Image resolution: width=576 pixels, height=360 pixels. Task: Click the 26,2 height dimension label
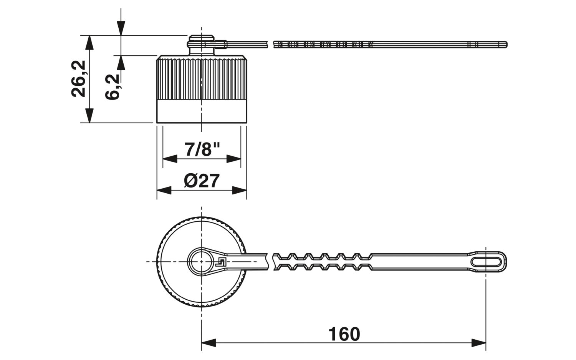[x=78, y=79]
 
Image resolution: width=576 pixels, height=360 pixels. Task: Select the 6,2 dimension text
[x=113, y=87]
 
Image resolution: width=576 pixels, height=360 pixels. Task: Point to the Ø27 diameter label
[x=202, y=181]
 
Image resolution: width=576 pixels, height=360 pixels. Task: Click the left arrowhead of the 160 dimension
[x=209, y=343]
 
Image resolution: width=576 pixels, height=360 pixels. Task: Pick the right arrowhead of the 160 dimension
[x=478, y=343]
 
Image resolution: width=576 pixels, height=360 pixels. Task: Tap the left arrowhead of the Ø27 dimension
[x=164, y=191]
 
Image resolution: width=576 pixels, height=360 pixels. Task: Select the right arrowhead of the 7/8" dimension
[x=233, y=159]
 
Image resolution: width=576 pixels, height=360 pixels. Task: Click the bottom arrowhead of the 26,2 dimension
[x=89, y=116]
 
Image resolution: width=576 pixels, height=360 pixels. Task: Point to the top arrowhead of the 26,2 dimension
[x=89, y=43]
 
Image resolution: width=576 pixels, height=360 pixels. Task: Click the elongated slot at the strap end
[x=486, y=262]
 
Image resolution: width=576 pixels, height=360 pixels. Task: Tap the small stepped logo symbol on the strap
[x=221, y=262]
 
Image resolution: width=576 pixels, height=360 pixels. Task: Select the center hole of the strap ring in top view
[x=201, y=262]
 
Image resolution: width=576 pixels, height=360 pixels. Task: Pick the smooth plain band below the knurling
[x=202, y=111]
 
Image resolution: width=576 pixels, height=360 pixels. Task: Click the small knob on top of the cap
[x=201, y=45]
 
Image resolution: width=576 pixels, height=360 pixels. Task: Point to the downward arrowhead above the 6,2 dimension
[x=121, y=28]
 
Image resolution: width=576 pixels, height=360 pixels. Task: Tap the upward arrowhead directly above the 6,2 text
[x=121, y=63]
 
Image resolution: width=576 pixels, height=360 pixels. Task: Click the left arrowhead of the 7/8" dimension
[x=170, y=159]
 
